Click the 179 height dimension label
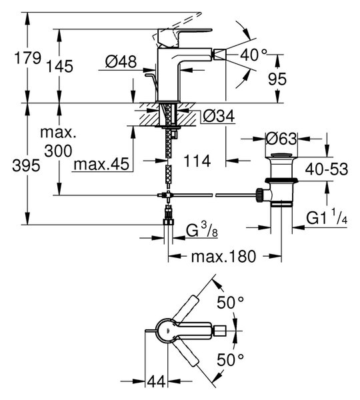[x=27, y=58]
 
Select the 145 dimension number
[x=59, y=66]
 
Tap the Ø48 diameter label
[x=121, y=61]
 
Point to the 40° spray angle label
[x=253, y=55]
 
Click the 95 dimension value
[x=277, y=79]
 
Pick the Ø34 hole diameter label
[x=219, y=116]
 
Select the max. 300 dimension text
[x=59, y=142]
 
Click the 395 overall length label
[x=26, y=165]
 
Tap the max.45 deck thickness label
[x=101, y=164]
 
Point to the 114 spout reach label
[x=197, y=161]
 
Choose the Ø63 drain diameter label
[x=281, y=139]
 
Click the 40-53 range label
[x=327, y=169]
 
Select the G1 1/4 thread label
[x=327, y=217]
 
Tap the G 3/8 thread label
[x=202, y=230]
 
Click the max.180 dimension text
[x=223, y=257]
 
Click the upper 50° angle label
[x=231, y=303]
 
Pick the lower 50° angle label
[x=231, y=360]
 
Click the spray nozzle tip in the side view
[x=220, y=55]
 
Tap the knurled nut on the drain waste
[x=259, y=195]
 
